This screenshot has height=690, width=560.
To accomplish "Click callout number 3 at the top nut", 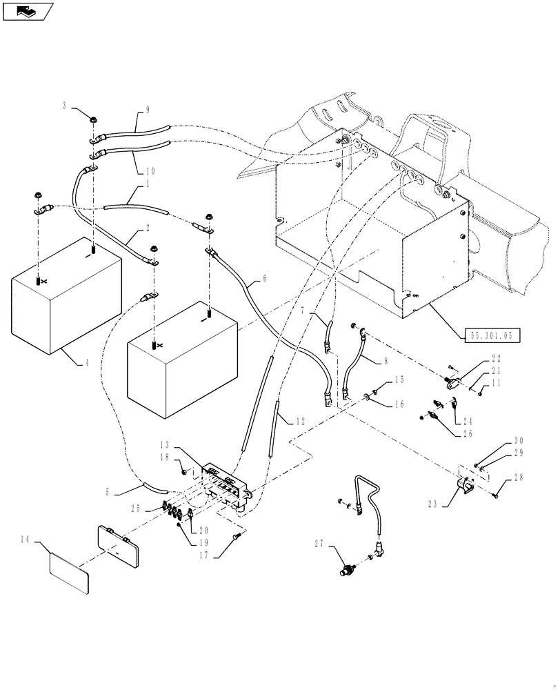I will (65, 106).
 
